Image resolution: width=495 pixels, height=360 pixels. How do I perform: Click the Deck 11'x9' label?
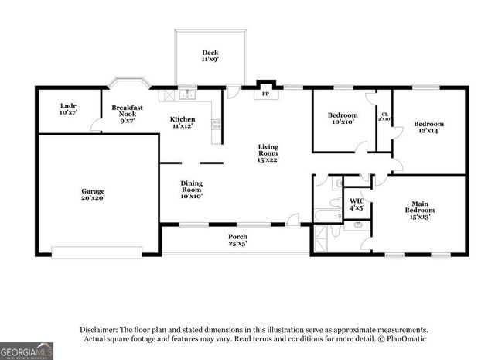(210, 56)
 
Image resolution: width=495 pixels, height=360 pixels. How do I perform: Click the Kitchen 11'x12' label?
(183, 122)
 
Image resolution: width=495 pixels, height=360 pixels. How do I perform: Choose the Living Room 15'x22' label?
(268, 153)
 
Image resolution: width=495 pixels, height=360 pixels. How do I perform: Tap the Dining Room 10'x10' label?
(191, 190)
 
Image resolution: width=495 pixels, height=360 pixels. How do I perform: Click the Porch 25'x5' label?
(237, 240)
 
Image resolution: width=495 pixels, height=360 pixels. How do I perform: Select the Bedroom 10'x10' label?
(342, 118)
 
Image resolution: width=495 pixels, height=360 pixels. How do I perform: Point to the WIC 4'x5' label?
(356, 204)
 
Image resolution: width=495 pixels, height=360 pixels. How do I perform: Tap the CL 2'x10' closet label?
(384, 116)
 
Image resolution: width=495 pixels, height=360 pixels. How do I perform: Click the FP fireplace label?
(265, 94)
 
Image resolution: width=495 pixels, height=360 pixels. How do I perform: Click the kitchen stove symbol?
(216, 122)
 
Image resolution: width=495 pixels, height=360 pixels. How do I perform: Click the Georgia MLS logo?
(27, 350)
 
